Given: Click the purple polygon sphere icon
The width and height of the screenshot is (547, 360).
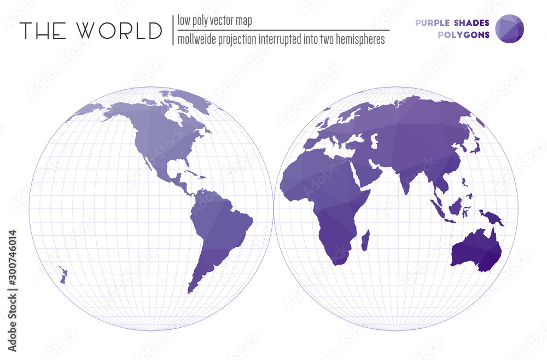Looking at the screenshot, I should tap(509, 28).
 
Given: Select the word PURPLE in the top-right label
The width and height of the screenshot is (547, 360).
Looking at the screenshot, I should tap(433, 22).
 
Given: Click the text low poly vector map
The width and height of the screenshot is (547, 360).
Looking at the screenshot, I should tap(214, 21).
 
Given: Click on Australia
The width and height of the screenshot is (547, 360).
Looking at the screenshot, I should tap(475, 252).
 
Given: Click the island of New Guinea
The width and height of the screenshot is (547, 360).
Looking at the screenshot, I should tap(492, 218).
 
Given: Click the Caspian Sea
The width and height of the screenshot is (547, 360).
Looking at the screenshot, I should tap(375, 141).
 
